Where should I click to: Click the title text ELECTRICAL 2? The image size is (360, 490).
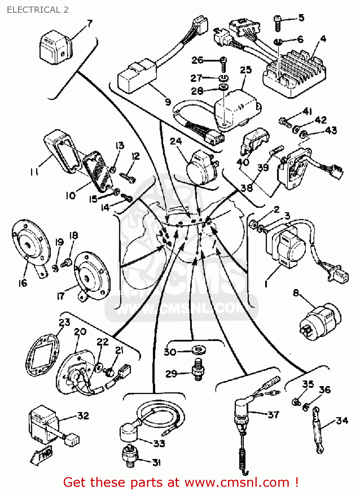(x=38, y=10)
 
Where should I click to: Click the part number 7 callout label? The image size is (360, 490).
(x=90, y=24)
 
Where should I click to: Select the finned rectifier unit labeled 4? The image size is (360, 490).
(x=294, y=73)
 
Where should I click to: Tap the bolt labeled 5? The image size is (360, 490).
(x=277, y=23)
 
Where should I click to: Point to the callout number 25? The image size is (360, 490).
(x=246, y=70)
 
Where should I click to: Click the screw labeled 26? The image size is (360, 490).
(x=223, y=63)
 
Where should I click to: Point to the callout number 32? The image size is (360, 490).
(x=83, y=416)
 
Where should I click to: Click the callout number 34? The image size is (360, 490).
(x=342, y=420)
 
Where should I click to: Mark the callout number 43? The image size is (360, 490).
(x=331, y=130)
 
